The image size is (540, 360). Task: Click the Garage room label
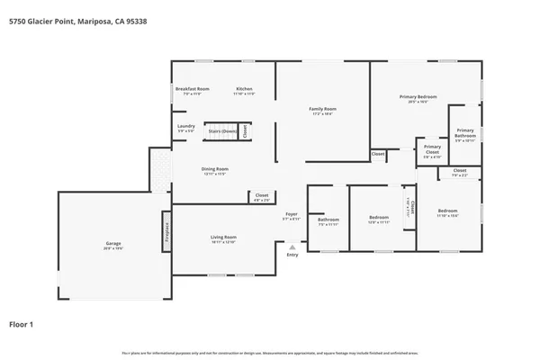pyautogui.click(x=113, y=243)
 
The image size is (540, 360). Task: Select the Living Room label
pyautogui.click(x=223, y=238)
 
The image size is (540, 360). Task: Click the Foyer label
pyautogui.click(x=292, y=214)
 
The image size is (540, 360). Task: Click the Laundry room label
pyautogui.click(x=186, y=126)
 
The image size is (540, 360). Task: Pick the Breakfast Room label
pyautogui.click(x=192, y=89)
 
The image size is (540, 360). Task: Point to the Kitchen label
pyautogui.click(x=244, y=89)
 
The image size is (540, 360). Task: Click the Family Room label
pyautogui.click(x=322, y=110)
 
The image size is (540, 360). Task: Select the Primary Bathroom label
pyautogui.click(x=464, y=132)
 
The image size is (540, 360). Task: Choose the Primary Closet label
pyautogui.click(x=432, y=148)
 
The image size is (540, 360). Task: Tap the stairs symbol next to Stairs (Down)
pyautogui.click(x=244, y=131)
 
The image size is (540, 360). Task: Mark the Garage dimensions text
pyautogui.click(x=113, y=247)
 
